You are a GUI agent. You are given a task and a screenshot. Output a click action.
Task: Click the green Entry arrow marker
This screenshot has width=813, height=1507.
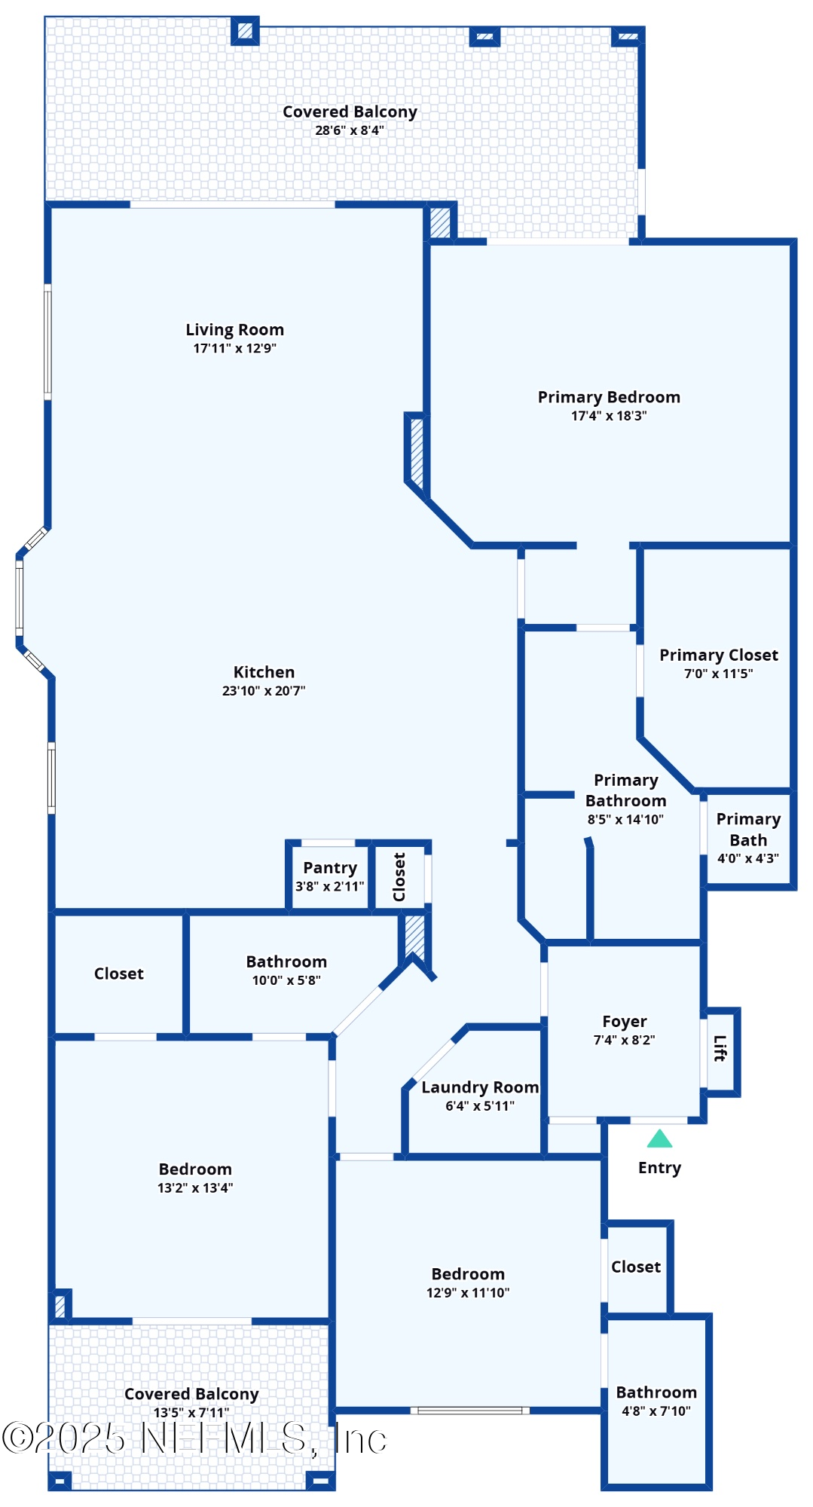[x=659, y=1139]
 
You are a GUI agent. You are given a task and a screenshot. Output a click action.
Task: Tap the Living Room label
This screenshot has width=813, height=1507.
[x=234, y=330]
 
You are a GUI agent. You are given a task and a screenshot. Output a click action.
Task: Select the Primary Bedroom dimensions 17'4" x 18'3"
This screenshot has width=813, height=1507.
[x=609, y=416]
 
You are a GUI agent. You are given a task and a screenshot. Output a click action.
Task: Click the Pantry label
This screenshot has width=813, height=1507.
[x=330, y=868]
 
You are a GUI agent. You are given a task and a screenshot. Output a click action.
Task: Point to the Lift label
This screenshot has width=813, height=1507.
[x=720, y=1048]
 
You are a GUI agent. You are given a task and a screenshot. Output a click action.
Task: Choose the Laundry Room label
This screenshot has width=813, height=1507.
[x=480, y=1087]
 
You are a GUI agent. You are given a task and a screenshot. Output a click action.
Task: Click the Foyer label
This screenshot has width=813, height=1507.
[x=624, y=1022]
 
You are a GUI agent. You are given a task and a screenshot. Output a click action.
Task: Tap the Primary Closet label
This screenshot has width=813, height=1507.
[x=719, y=656]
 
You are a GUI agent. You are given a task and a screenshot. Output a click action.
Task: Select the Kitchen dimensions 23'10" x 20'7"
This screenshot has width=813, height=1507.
[x=264, y=691]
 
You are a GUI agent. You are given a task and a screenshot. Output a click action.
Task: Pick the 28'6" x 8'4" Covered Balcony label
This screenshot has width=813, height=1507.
[x=350, y=112]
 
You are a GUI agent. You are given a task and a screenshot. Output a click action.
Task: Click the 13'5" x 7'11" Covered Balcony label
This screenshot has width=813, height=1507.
[x=191, y=1395]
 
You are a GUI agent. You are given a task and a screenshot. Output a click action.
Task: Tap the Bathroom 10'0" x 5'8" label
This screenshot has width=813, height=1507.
[x=286, y=962]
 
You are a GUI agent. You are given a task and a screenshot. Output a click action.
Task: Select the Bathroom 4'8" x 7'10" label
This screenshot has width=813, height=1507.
[x=656, y=1392]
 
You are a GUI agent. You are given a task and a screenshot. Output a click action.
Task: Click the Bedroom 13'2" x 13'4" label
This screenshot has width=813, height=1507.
[x=195, y=1169]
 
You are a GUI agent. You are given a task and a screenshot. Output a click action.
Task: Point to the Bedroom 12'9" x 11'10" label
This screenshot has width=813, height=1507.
[x=468, y=1274]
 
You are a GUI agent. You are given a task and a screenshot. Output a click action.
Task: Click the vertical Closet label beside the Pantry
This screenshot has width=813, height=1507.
[x=399, y=877]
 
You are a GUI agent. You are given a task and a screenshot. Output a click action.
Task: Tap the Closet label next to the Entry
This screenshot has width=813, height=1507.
[x=636, y=1267]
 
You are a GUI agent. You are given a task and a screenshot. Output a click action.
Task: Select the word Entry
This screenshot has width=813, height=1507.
[x=659, y=1168]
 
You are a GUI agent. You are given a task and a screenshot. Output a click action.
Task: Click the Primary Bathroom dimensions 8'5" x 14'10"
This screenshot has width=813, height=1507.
[x=625, y=820]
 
